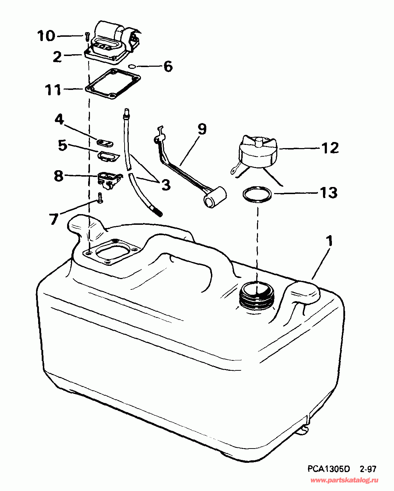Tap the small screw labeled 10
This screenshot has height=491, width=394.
click(87, 36)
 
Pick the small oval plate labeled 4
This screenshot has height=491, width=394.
click(105, 143)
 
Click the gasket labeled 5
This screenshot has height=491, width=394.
click(108, 157)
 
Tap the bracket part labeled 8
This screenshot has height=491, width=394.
click(108, 179)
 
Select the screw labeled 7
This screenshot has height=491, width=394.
click(100, 197)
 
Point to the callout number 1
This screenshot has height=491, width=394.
click(330, 241)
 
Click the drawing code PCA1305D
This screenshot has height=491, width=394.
click(329, 469)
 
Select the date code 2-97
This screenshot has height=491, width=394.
click(368, 469)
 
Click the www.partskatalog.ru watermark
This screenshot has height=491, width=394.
click(344, 481)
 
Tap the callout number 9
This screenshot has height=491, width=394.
click(202, 129)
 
